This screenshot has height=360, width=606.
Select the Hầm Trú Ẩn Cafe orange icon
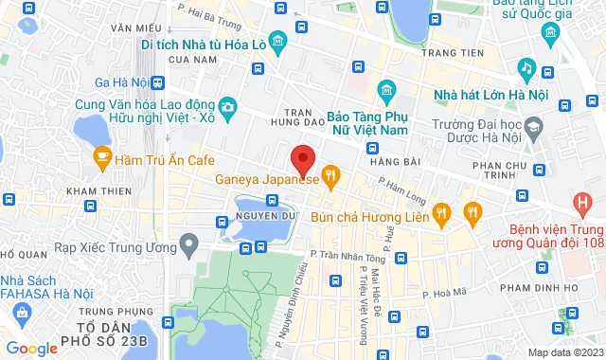(x=102, y=161)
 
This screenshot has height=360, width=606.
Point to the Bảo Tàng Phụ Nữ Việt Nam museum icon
(x=385, y=91)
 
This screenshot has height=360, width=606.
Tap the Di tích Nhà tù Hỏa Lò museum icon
(x=277, y=43)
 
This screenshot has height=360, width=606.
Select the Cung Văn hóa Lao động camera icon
(x=228, y=107)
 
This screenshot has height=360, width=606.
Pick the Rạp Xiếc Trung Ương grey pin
(x=189, y=246)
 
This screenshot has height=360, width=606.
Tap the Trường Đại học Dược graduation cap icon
(x=535, y=127)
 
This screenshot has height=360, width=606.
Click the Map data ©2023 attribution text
(x=563, y=351)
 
